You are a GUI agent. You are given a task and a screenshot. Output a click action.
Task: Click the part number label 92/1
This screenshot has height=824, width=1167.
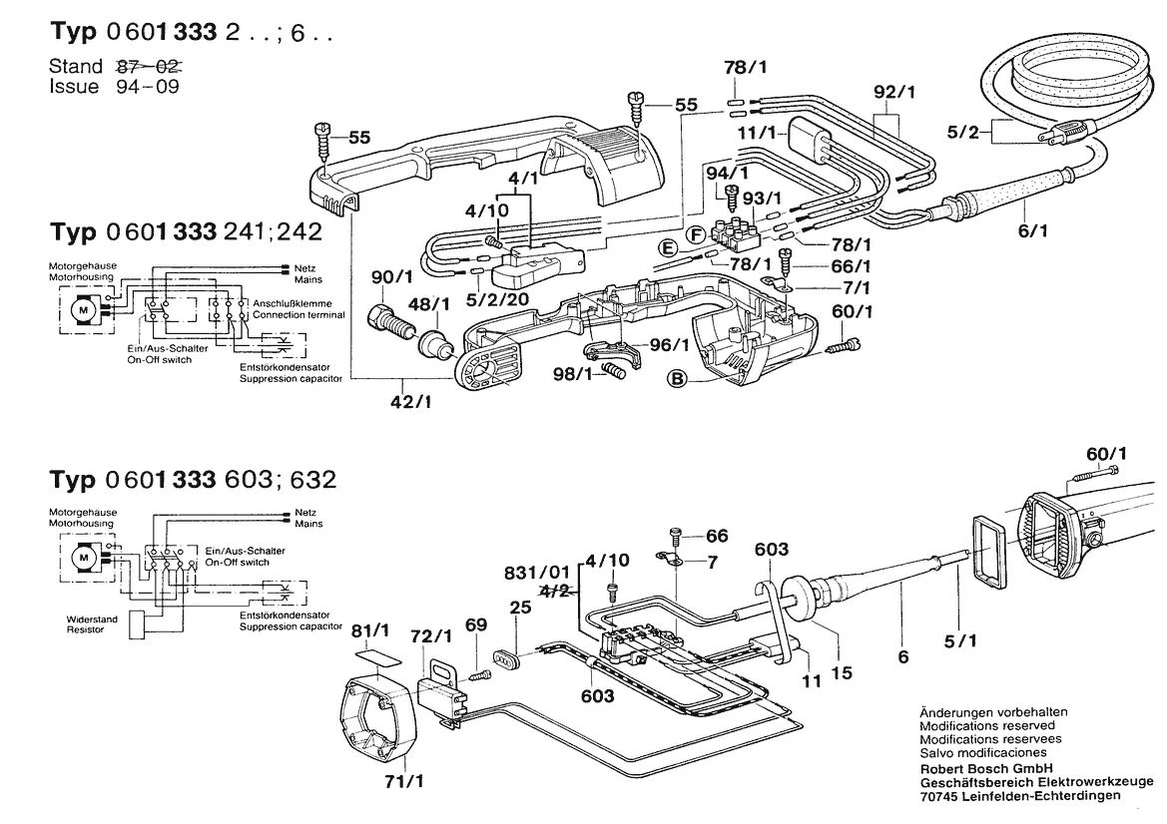pos(893,92)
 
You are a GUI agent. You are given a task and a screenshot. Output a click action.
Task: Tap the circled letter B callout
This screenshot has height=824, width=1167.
pos(679,378)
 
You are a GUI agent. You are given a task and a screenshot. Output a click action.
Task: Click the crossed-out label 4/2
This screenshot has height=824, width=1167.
pos(554,592)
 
